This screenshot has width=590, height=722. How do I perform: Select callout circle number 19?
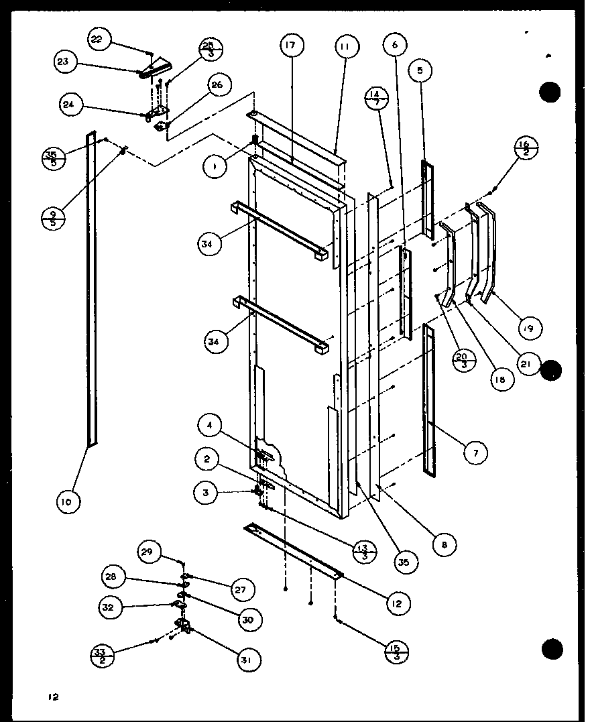(530, 328)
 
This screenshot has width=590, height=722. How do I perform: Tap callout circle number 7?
(475, 453)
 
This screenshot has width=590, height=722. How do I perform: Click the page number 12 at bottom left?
(53, 697)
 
